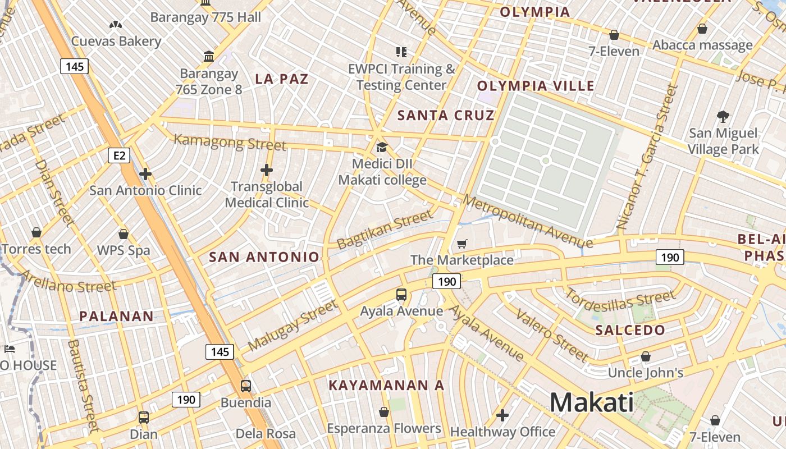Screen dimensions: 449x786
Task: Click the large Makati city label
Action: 591,402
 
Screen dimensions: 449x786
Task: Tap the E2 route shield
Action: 119,155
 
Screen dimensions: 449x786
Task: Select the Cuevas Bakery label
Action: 116,41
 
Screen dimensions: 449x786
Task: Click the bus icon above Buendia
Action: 246,386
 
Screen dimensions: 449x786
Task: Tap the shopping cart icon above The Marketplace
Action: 461,244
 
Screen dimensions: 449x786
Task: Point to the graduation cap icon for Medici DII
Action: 382,148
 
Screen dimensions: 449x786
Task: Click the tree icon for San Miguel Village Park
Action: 723,117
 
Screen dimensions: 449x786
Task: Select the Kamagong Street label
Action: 230,142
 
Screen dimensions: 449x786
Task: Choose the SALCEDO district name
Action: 630,330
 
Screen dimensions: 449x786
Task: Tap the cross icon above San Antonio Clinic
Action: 145,174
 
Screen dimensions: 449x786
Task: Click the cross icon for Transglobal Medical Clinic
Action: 267,169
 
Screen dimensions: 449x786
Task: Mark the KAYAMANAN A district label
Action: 386,386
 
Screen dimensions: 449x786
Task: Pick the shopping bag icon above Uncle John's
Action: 646,356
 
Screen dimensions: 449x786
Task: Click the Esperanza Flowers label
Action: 384,429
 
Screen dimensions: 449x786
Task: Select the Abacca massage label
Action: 702,45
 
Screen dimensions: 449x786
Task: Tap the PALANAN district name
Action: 116,316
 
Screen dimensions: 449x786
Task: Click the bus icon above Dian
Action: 144,418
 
